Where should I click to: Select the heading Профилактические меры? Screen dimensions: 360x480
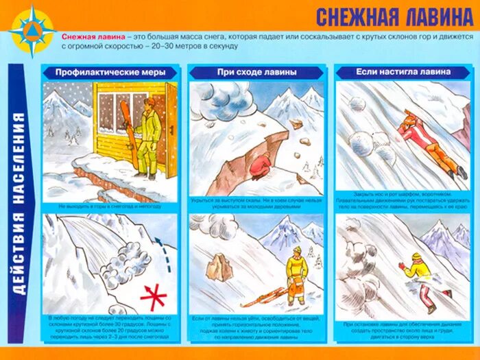[x=110, y=72]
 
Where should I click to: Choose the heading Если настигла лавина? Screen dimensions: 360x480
[x=403, y=71]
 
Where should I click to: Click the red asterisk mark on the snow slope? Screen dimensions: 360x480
[x=154, y=296]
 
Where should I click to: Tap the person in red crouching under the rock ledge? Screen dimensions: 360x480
[x=261, y=167]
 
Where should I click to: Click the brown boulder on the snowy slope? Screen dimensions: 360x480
[x=220, y=267]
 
